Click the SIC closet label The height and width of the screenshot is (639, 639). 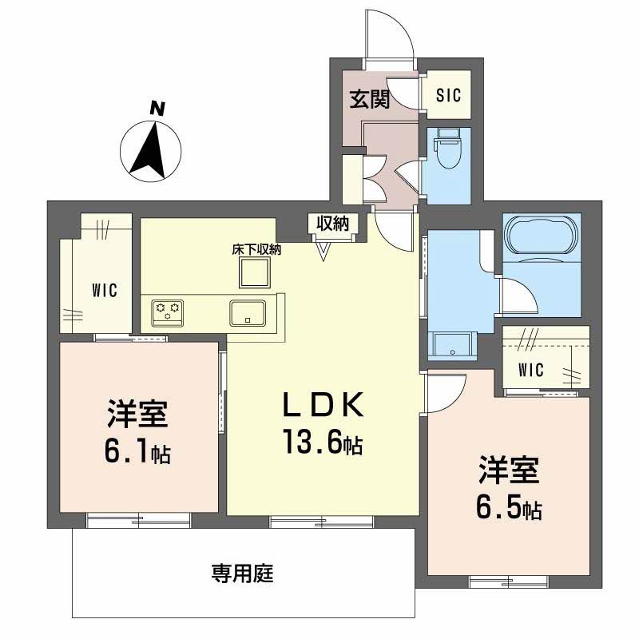tap(448, 96)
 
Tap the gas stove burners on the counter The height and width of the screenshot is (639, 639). tap(168, 310)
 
